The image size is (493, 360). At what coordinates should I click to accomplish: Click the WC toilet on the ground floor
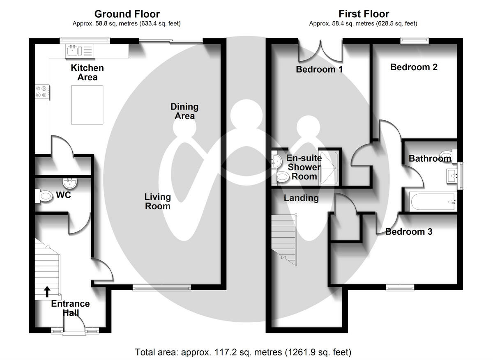pos(45,197)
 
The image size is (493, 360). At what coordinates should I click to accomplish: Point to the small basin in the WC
pos(69,182)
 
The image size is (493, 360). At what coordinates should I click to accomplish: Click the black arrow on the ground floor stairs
pos(47,291)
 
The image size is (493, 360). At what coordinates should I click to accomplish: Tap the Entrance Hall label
pos(70,308)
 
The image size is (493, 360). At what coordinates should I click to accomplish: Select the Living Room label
pos(157,202)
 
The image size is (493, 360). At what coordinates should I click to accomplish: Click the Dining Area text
pos(184,111)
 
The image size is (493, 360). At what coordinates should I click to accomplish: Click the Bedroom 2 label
pos(414,67)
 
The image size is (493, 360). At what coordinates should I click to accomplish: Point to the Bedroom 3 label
pos(409,232)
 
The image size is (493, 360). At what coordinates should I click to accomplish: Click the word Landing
pos(301,198)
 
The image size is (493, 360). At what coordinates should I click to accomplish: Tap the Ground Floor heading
pos(127,14)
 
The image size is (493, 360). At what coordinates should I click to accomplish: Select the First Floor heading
pos(363,14)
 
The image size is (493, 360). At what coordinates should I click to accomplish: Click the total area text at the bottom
pos(243,352)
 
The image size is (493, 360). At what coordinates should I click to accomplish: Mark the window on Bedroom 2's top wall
pos(415,41)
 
